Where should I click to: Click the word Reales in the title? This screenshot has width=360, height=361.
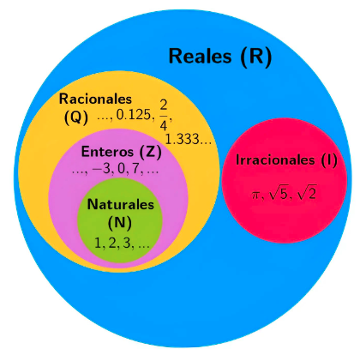click(200, 56)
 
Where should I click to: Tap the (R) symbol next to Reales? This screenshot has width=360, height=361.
click(255, 57)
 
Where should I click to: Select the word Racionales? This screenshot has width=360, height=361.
click(95, 99)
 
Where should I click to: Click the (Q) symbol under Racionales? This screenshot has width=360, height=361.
click(76, 117)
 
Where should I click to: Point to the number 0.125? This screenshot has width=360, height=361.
click(134, 115)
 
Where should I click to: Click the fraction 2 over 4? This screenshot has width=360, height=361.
click(164, 115)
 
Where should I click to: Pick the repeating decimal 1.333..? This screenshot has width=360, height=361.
click(183, 140)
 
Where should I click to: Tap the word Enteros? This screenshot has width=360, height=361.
click(107, 152)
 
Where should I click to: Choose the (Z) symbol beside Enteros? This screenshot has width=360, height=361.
click(150, 152)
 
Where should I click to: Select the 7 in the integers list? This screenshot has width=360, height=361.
click(135, 169)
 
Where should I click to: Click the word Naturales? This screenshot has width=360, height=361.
click(121, 204)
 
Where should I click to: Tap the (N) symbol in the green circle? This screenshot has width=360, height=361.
click(120, 222)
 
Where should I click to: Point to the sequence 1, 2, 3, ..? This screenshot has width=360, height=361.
click(114, 244)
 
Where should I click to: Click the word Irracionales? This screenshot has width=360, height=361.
click(276, 159)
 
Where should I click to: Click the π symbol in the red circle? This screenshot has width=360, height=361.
click(255, 196)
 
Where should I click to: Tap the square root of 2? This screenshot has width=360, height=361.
click(306, 195)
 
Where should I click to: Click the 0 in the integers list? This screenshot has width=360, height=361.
click(121, 170)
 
